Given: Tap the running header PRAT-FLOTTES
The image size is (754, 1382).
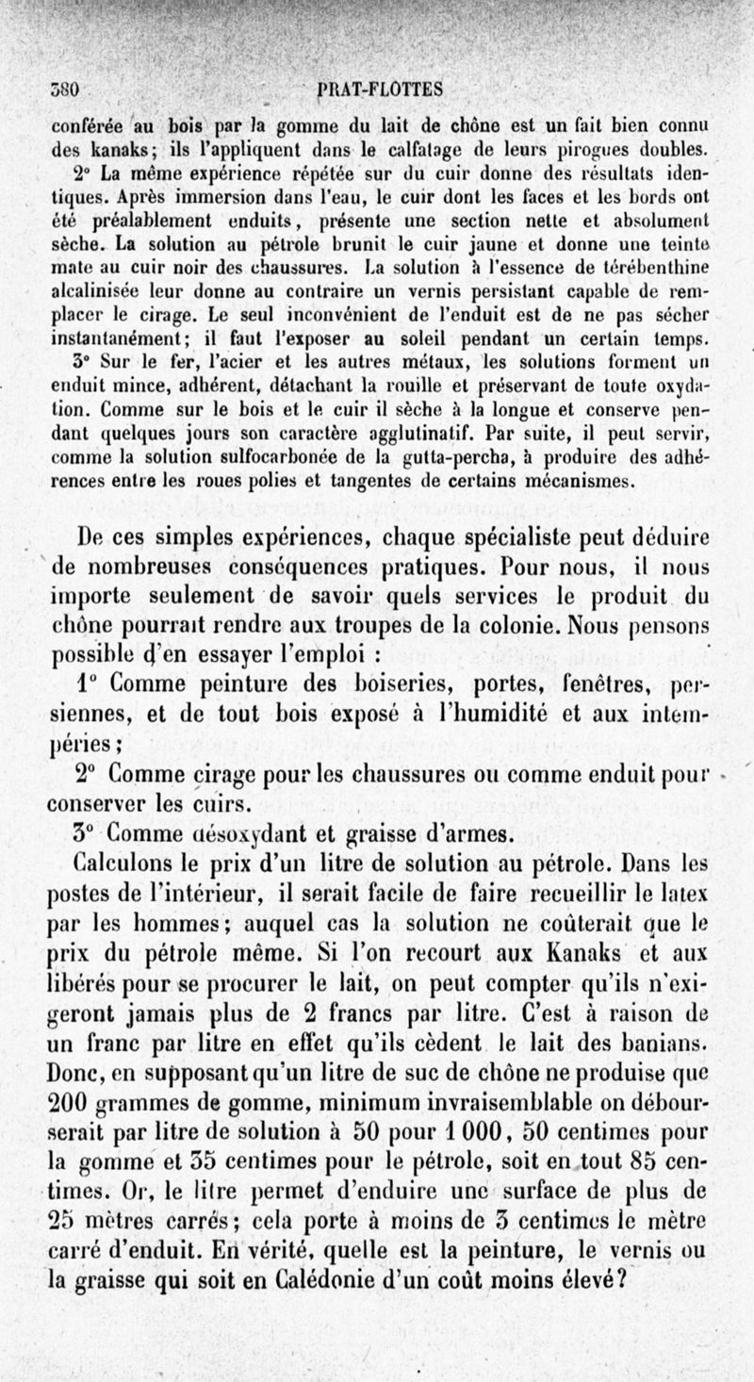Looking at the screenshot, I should (369, 90).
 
